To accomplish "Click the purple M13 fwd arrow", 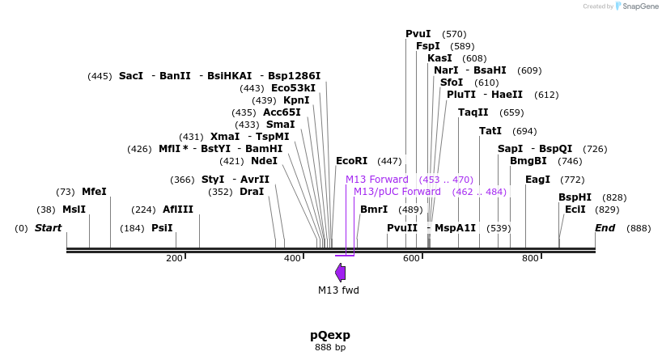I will click(x=340, y=272).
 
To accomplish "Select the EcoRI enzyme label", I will click(x=351, y=161).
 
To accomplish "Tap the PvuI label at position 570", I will click(x=418, y=34).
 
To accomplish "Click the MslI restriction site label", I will click(x=74, y=209).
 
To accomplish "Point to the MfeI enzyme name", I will click(x=94, y=192).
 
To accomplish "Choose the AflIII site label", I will click(x=178, y=209).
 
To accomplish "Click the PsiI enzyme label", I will click(x=162, y=228).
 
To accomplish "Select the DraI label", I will click(x=252, y=192).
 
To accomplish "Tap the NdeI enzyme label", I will click(x=264, y=161).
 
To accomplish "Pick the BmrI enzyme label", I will click(x=374, y=210).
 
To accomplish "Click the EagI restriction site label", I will click(x=537, y=180).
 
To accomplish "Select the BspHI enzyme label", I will click(x=575, y=197).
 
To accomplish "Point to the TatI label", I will click(x=490, y=131).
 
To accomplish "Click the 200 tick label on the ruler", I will click(x=174, y=258).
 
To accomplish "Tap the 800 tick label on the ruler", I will click(x=530, y=258).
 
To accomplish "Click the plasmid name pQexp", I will click(x=330, y=335).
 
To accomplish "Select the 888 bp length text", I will click(x=330, y=348).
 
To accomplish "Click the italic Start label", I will click(x=48, y=228).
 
